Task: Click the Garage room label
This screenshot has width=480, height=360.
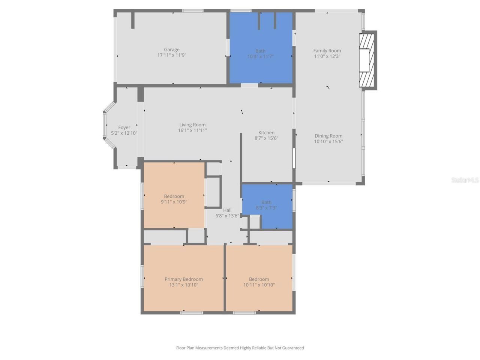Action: pyautogui.click(x=171, y=49)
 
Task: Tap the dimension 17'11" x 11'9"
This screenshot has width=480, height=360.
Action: pyautogui.click(x=171, y=55)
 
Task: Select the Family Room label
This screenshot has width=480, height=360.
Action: pyautogui.click(x=327, y=51)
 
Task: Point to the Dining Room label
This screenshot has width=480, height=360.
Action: pyautogui.click(x=328, y=136)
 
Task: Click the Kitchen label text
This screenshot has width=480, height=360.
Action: pyautogui.click(x=266, y=133)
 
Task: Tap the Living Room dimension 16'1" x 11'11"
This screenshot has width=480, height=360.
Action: pyautogui.click(x=192, y=130)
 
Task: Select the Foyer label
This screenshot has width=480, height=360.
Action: pyautogui.click(x=124, y=127)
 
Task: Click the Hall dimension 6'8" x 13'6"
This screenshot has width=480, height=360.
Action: pyautogui.click(x=227, y=216)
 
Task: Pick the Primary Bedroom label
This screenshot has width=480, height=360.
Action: pyautogui.click(x=183, y=279)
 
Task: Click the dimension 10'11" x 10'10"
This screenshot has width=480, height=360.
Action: pyautogui.click(x=259, y=285)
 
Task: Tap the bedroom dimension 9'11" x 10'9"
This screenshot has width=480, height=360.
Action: pyautogui.click(x=174, y=202)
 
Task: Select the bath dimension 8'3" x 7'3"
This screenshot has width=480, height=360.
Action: pyautogui.click(x=266, y=208)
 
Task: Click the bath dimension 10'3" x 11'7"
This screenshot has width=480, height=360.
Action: pyautogui.click(x=260, y=57)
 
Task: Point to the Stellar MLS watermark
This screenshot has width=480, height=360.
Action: pyautogui.click(x=465, y=180)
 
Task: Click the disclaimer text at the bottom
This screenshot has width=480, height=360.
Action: pyautogui.click(x=240, y=348)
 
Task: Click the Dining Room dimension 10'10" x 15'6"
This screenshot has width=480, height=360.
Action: pyautogui.click(x=328, y=142)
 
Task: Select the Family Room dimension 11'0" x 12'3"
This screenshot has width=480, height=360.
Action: pyautogui.click(x=327, y=56)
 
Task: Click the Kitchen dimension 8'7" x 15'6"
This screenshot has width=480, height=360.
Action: pyautogui.click(x=266, y=138)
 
